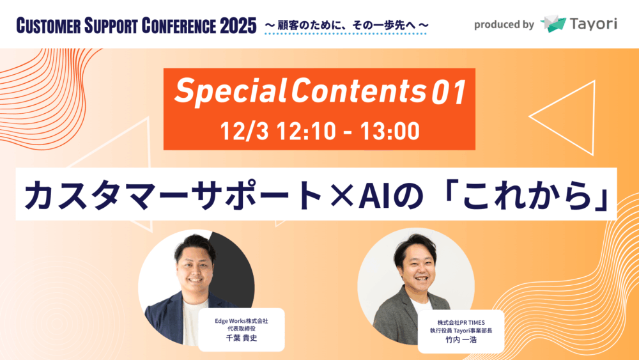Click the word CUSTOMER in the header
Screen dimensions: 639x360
pos(49,26)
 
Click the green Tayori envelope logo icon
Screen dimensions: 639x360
pos(553,24)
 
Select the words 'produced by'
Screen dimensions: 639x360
pos(504,25)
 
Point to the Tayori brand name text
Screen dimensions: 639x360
pos(594,24)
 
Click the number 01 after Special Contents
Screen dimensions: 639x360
pos(449,92)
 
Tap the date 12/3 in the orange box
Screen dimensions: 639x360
pos(244,131)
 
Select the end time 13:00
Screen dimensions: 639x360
pos(390,131)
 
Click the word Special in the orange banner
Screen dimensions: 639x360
pos(230,91)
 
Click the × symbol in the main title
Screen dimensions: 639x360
pos(341,195)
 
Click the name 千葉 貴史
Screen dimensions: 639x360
pos(242,338)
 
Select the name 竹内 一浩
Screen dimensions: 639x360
pos(461,340)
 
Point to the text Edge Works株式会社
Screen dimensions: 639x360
pos(242,321)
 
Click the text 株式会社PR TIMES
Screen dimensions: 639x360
pos(461,322)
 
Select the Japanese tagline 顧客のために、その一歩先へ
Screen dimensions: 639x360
pos(346,26)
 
